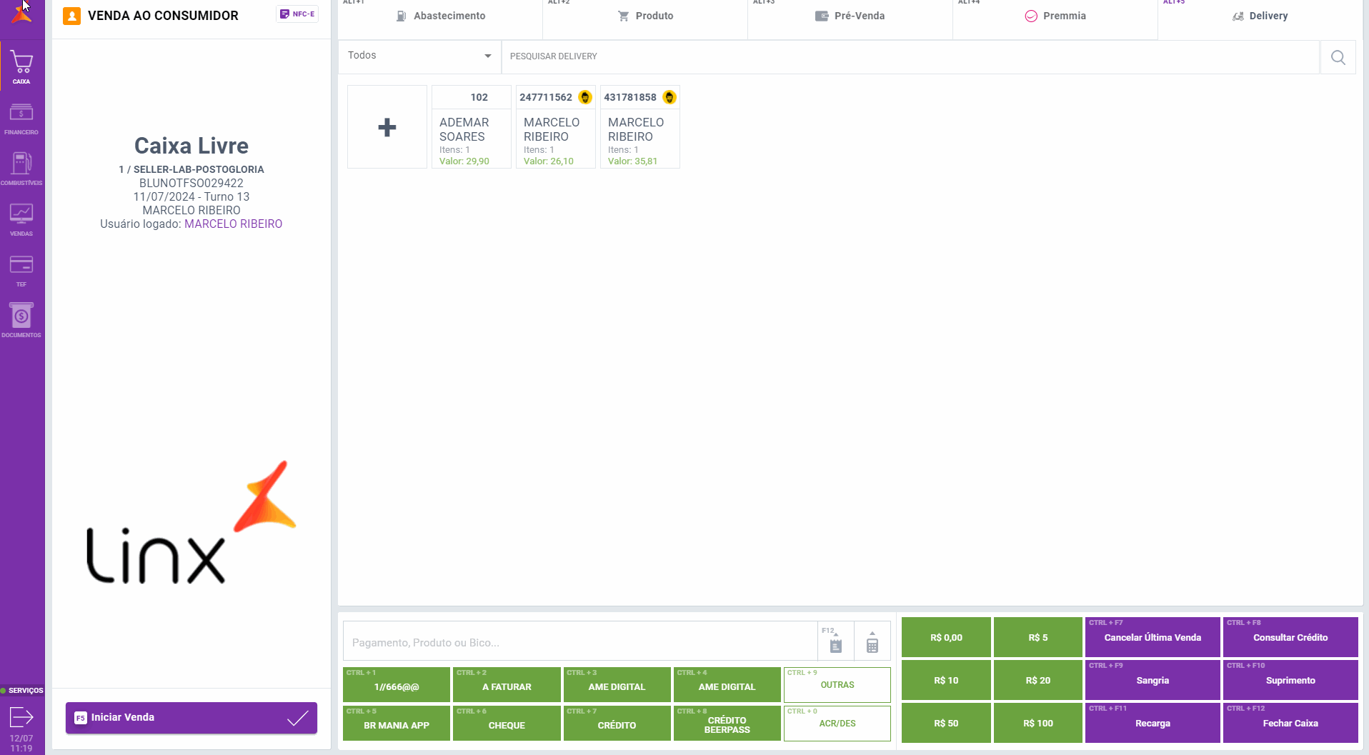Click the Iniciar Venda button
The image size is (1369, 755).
191,718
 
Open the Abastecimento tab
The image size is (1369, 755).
441,16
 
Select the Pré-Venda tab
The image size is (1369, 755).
850,16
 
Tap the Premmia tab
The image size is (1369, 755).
1055,16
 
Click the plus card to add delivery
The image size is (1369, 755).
387,127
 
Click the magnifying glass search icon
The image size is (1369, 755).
1338,57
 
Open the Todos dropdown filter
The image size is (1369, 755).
419,56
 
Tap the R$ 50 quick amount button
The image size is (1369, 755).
945,723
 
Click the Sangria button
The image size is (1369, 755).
1152,680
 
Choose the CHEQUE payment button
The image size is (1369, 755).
507,724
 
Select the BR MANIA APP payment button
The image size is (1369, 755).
397,724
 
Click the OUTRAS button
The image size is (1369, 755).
837,685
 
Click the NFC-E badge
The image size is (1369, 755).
297,14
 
